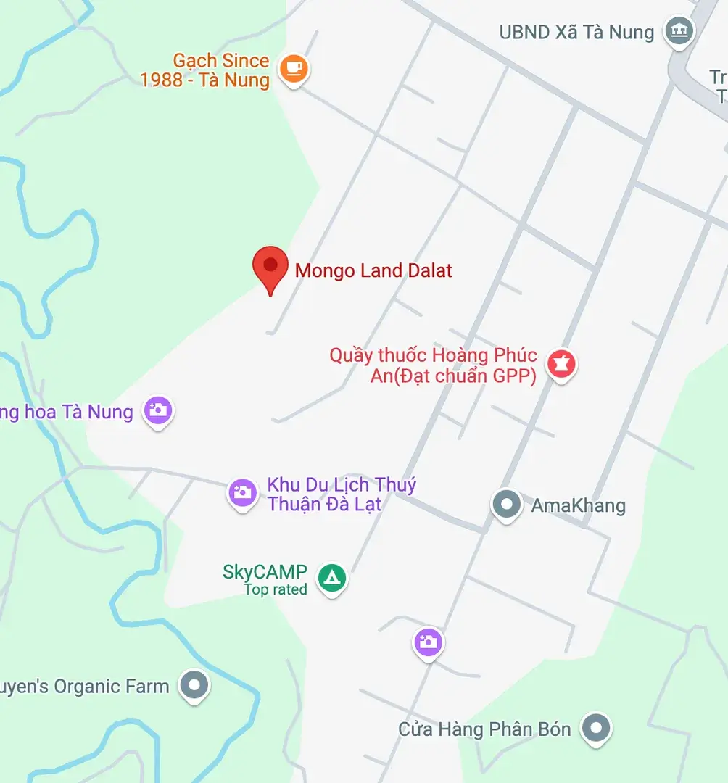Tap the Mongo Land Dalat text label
pos(373,271)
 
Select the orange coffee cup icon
pos(293,69)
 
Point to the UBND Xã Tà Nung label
pos(576,32)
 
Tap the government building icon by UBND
pos(679,31)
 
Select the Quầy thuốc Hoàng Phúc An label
pos(434,365)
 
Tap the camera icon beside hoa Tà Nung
pos(157,410)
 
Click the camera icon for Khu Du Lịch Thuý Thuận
pos(242,493)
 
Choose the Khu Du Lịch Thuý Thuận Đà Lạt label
pos(342,494)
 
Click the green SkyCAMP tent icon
pos(332,578)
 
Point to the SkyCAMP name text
pos(265,571)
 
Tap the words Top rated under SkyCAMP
pos(276,589)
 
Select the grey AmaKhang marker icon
pos(506,503)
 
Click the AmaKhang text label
pos(578,505)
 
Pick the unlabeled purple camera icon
pos(428,642)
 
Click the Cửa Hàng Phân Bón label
pos(484,729)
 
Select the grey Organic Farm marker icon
pos(194,684)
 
